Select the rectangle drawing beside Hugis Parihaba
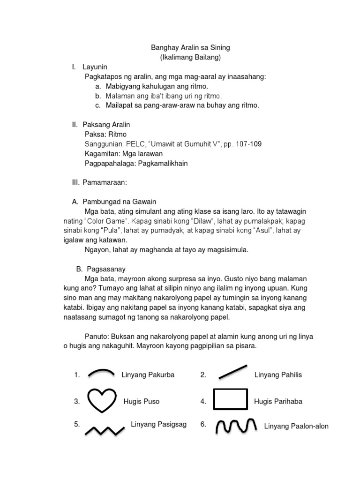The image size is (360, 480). pyautogui.click(x=230, y=400)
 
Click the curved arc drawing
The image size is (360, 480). pyautogui.click(x=101, y=373)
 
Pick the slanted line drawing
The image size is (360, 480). pyautogui.click(x=232, y=371)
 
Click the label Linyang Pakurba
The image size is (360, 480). pyautogui.click(x=148, y=375)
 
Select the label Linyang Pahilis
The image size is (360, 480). pyautogui.click(x=278, y=375)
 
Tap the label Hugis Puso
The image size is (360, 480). pyautogui.click(x=142, y=401)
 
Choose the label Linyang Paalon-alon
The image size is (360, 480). pyautogui.click(x=296, y=426)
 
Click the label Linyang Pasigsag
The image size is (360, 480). pyautogui.click(x=158, y=424)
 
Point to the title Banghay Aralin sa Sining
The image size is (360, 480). pyautogui.click(x=190, y=48)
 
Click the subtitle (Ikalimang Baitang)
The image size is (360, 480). pyautogui.click(x=190, y=57)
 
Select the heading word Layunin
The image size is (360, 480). pyautogui.click(x=95, y=67)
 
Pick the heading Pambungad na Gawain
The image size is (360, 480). pyautogui.click(x=120, y=202)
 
